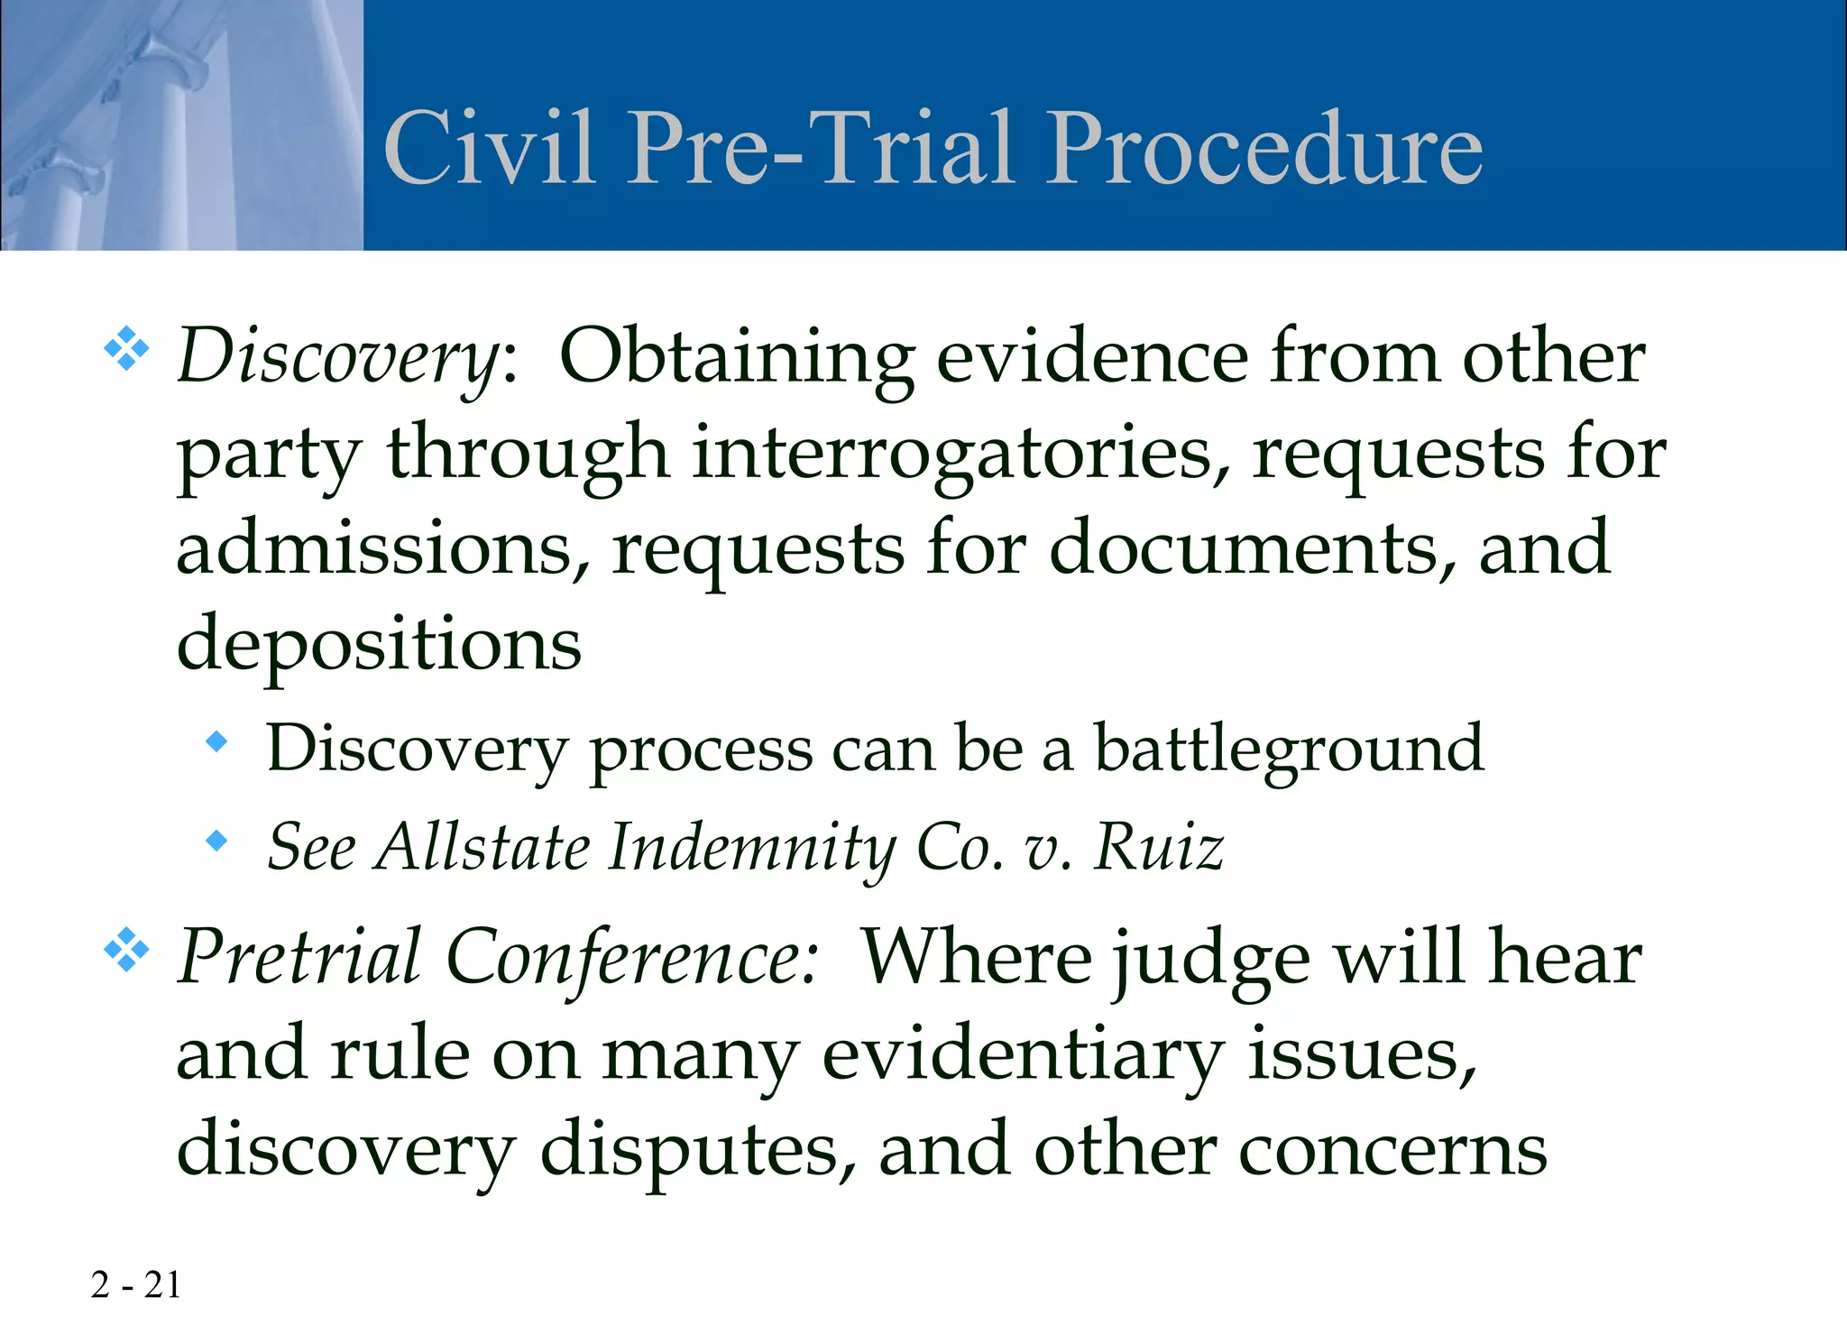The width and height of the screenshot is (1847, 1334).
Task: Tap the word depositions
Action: [379, 644]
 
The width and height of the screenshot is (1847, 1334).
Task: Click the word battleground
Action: [1289, 749]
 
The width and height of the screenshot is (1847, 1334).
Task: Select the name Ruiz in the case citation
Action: [1158, 847]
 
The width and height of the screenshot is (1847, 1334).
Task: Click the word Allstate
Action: [482, 847]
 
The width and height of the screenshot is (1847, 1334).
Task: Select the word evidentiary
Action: [1023, 1054]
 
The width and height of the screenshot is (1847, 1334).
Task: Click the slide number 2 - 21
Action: [135, 1285]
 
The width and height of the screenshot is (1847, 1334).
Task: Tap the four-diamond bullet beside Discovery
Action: [126, 349]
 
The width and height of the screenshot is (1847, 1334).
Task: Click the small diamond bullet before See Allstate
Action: [216, 841]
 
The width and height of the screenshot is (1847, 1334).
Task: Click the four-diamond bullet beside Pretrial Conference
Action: [126, 949]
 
